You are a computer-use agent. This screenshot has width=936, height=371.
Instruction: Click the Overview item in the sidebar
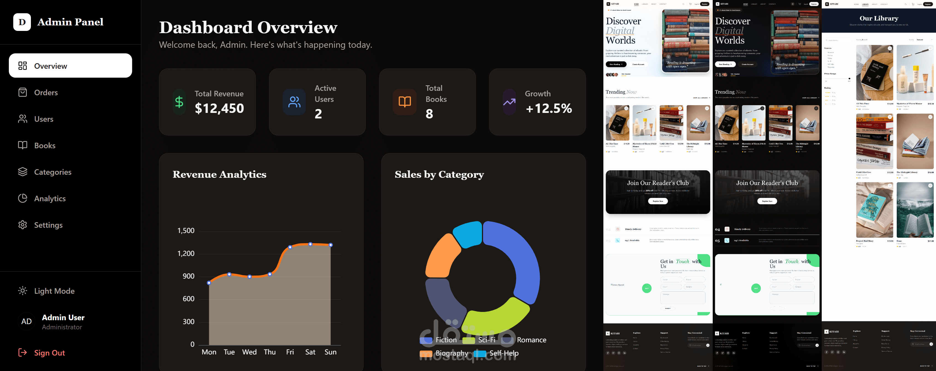(x=70, y=66)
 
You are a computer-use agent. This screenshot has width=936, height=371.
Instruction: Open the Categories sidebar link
(x=52, y=172)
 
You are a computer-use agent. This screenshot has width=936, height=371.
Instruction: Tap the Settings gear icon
(x=23, y=225)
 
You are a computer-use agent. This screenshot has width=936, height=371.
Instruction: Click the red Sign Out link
(x=49, y=353)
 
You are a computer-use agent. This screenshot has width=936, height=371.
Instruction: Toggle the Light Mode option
(x=54, y=291)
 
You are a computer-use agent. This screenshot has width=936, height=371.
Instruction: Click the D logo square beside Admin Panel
(x=22, y=22)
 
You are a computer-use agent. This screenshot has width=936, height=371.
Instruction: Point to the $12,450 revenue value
(x=219, y=108)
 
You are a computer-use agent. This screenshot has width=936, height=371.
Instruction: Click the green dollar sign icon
(x=179, y=102)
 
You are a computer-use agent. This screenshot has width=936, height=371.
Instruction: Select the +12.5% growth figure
(x=549, y=108)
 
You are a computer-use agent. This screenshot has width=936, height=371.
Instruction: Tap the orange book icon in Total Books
(x=404, y=102)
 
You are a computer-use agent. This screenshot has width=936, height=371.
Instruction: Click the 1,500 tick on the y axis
(x=186, y=231)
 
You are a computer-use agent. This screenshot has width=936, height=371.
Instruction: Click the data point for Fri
(x=290, y=247)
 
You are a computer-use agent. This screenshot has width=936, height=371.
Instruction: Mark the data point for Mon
(x=209, y=283)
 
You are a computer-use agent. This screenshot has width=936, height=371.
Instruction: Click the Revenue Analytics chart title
(x=219, y=174)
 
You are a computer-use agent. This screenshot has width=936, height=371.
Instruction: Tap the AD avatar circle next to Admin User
(x=26, y=322)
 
